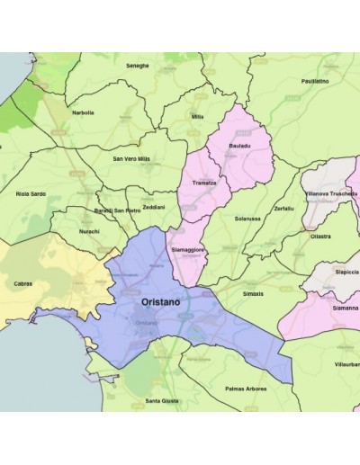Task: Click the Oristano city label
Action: [160, 303]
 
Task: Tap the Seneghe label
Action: [138, 66]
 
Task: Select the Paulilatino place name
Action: [314, 81]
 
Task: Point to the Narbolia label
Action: [83, 113]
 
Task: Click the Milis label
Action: [198, 116]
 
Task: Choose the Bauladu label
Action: [240, 145]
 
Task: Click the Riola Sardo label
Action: [31, 192]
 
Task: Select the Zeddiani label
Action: [153, 207]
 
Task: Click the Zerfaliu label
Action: [283, 208]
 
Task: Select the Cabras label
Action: [23, 283]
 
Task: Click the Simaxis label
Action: [255, 293]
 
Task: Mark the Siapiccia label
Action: [346, 271]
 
